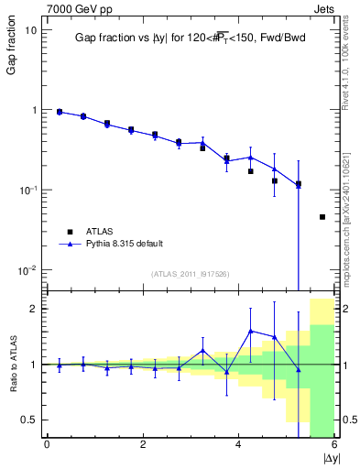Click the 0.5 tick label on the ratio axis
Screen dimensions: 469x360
click(27, 420)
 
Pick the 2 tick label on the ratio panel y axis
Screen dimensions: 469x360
click(32, 309)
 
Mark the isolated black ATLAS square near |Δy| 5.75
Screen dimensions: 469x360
click(322, 217)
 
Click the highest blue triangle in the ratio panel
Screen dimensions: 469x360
click(250, 331)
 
